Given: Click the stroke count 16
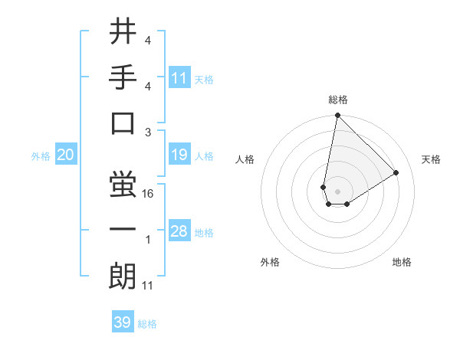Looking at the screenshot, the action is click(x=148, y=195).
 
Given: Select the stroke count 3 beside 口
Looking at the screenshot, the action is click(x=148, y=132).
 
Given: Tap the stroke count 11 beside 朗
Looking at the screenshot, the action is click(x=148, y=286).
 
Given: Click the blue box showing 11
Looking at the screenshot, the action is click(x=179, y=78).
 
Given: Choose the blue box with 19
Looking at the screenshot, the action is click(x=179, y=155).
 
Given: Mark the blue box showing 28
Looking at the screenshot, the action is click(x=179, y=232).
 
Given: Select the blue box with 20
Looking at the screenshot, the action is click(x=66, y=155).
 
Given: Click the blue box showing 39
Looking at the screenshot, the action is click(x=123, y=322).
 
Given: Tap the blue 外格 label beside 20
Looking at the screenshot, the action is click(x=41, y=156).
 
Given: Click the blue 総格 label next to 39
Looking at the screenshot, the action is click(x=147, y=323).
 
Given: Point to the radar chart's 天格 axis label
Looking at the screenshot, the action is click(x=432, y=159).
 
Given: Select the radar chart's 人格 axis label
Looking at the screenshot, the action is click(x=245, y=159).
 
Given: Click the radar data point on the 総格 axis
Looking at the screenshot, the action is click(x=337, y=116).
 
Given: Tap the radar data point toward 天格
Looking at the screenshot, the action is click(x=396, y=172).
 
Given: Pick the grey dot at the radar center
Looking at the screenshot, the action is click(x=337, y=190).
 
